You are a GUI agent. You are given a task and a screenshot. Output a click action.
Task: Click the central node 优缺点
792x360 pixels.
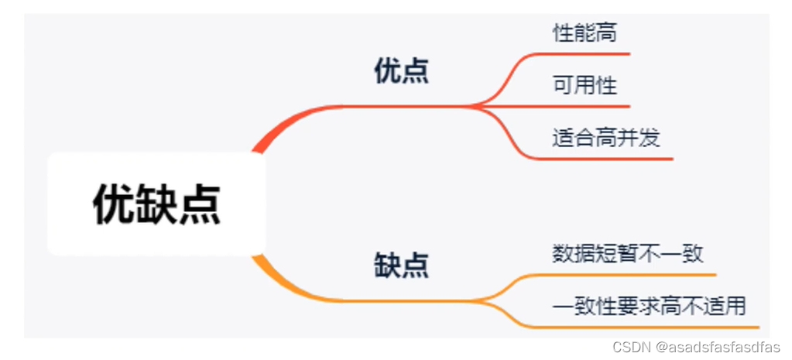click(x=156, y=204)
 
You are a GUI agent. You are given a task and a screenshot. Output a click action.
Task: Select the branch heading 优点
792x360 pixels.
click(x=402, y=72)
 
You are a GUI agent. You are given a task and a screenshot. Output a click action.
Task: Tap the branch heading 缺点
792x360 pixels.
click(x=402, y=266)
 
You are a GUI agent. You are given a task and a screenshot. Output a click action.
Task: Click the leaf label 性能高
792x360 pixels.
click(x=585, y=33)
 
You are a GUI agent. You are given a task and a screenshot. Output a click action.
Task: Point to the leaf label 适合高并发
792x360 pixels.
click(x=606, y=138)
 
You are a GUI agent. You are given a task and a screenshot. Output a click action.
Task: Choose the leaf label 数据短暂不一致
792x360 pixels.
click(x=627, y=253)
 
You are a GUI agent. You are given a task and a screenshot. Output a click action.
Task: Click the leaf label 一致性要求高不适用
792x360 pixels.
click(x=649, y=306)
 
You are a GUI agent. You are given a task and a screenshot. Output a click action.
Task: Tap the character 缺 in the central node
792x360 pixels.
click(x=156, y=204)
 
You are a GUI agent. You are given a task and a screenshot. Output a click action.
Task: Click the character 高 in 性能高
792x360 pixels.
click(x=606, y=33)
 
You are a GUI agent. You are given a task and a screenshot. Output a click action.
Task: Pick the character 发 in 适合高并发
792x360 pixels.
click(x=650, y=138)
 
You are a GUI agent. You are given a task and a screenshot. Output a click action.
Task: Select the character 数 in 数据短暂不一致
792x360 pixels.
click(x=563, y=253)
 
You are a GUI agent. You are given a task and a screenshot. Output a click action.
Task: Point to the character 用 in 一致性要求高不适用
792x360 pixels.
click(x=735, y=306)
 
